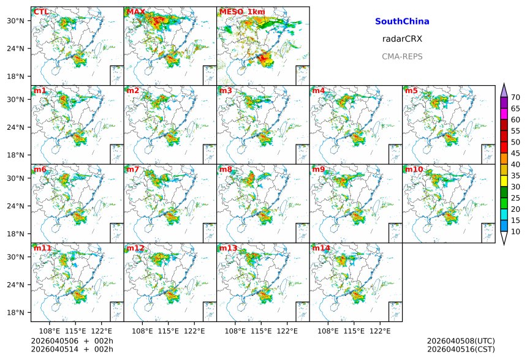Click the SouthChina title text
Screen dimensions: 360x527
click(402, 21)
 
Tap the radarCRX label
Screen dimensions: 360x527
click(402, 39)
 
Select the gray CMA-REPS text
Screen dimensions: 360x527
click(402, 56)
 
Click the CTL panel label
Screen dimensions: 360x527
click(41, 12)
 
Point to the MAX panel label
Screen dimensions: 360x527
click(135, 12)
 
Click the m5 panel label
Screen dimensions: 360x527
click(411, 91)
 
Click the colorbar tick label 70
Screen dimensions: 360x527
click(515, 97)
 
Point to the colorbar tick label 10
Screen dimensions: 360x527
click(515, 231)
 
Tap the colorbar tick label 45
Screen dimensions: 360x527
click(515, 153)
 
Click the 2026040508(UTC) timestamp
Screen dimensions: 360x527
click(461, 341)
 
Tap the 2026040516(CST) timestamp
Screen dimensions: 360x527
click(461, 350)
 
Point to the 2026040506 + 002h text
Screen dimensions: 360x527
click(72, 341)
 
